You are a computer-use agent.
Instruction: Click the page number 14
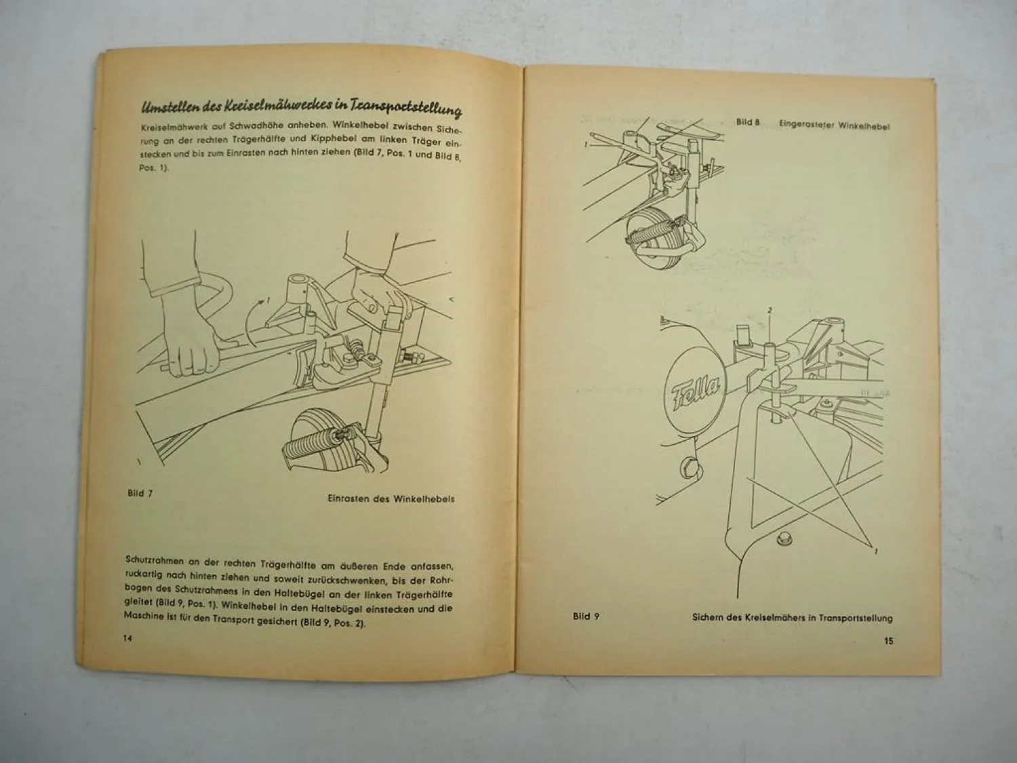pyautogui.click(x=127, y=638)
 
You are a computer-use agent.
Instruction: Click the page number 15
pyautogui.click(x=889, y=640)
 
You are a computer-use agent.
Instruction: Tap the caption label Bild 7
pyautogui.click(x=140, y=493)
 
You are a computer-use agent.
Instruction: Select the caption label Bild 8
pyautogui.click(x=749, y=122)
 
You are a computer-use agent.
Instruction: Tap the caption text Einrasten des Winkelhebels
pyautogui.click(x=391, y=498)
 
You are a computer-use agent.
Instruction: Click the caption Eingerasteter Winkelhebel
pyautogui.click(x=834, y=126)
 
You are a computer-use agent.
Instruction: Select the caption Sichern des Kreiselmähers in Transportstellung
pyautogui.click(x=792, y=618)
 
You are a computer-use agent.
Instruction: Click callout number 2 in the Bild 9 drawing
pyautogui.click(x=770, y=310)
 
